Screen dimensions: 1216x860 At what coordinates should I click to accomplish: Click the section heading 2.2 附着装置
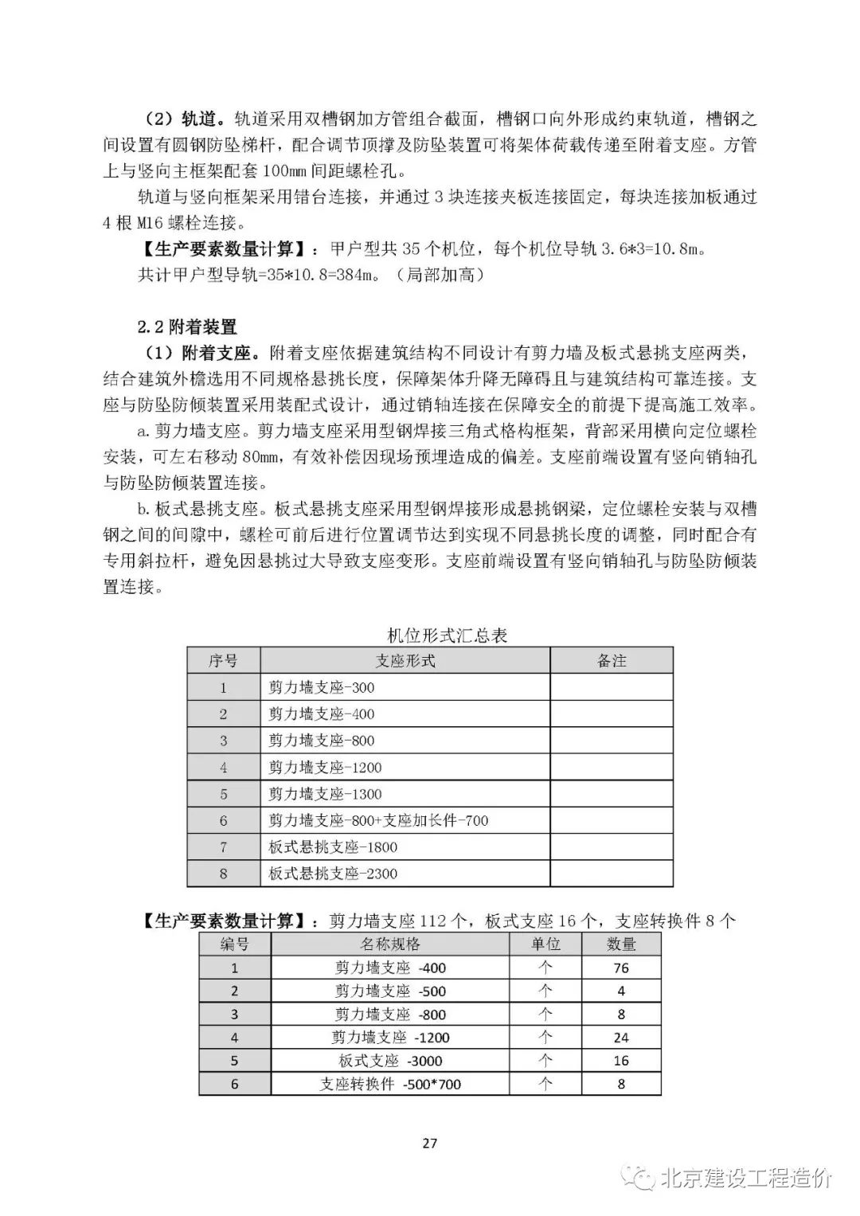[x=187, y=326]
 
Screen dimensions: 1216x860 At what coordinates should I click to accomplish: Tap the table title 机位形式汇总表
[x=447, y=635]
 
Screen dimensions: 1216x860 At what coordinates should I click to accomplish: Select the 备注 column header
[x=612, y=660]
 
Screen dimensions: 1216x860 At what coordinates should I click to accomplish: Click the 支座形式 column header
[x=405, y=660]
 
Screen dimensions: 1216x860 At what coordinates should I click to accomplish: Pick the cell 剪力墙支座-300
[x=322, y=687]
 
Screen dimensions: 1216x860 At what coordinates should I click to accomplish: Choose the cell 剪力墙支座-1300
[x=325, y=794]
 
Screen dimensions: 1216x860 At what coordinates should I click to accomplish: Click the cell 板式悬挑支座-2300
[x=333, y=874]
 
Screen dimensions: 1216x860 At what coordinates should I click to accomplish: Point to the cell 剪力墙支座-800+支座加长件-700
[x=378, y=820]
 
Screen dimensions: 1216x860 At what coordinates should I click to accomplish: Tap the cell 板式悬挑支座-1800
[x=333, y=847]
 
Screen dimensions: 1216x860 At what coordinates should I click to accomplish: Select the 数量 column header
[x=621, y=944]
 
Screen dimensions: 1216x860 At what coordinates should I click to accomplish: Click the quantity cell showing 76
[x=621, y=968]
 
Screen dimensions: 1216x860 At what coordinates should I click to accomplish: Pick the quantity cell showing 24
[x=621, y=1038]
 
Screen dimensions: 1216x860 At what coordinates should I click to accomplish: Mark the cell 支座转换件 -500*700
[x=390, y=1084]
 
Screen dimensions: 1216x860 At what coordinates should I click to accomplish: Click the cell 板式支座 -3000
[x=390, y=1061]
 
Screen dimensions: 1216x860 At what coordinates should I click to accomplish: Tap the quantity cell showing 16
[x=621, y=1061]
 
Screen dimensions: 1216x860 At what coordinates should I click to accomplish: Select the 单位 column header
[x=545, y=944]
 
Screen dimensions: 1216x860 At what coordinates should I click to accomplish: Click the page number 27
[x=429, y=1144]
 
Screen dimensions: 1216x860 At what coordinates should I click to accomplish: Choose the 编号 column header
[x=234, y=944]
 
